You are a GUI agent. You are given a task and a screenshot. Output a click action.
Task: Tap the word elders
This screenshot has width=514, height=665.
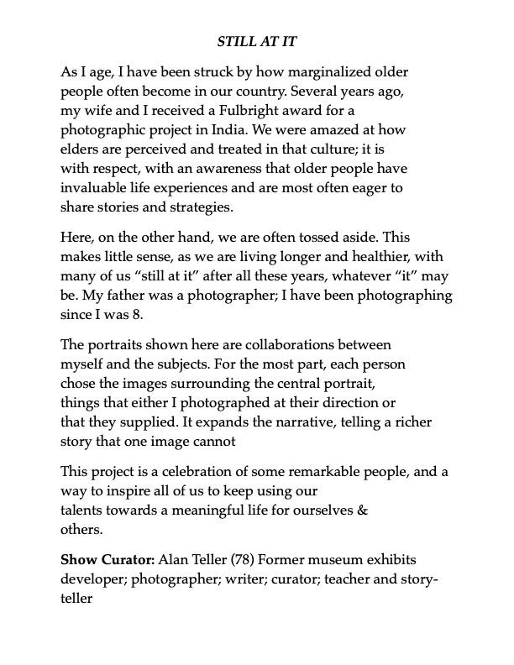(80, 149)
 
